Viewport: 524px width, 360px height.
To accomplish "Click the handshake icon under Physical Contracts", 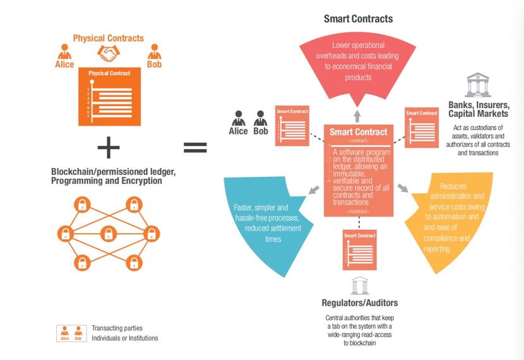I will tap(109, 54).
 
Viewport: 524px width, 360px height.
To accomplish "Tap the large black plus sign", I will tap(109, 148).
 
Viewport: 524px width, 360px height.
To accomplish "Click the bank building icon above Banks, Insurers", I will tap(477, 85).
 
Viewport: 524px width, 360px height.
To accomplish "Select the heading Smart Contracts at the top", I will tap(358, 19).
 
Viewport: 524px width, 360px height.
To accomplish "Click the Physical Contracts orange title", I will tap(109, 39).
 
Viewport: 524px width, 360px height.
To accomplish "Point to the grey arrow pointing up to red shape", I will tap(357, 115).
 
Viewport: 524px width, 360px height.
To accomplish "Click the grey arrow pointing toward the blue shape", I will tap(313, 190).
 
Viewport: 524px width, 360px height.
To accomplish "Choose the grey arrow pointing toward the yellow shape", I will tap(403, 189).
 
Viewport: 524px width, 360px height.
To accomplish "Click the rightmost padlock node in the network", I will tap(152, 234).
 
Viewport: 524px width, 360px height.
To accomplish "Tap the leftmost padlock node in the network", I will tap(64, 234).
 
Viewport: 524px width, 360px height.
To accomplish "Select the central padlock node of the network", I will tap(107, 234).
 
